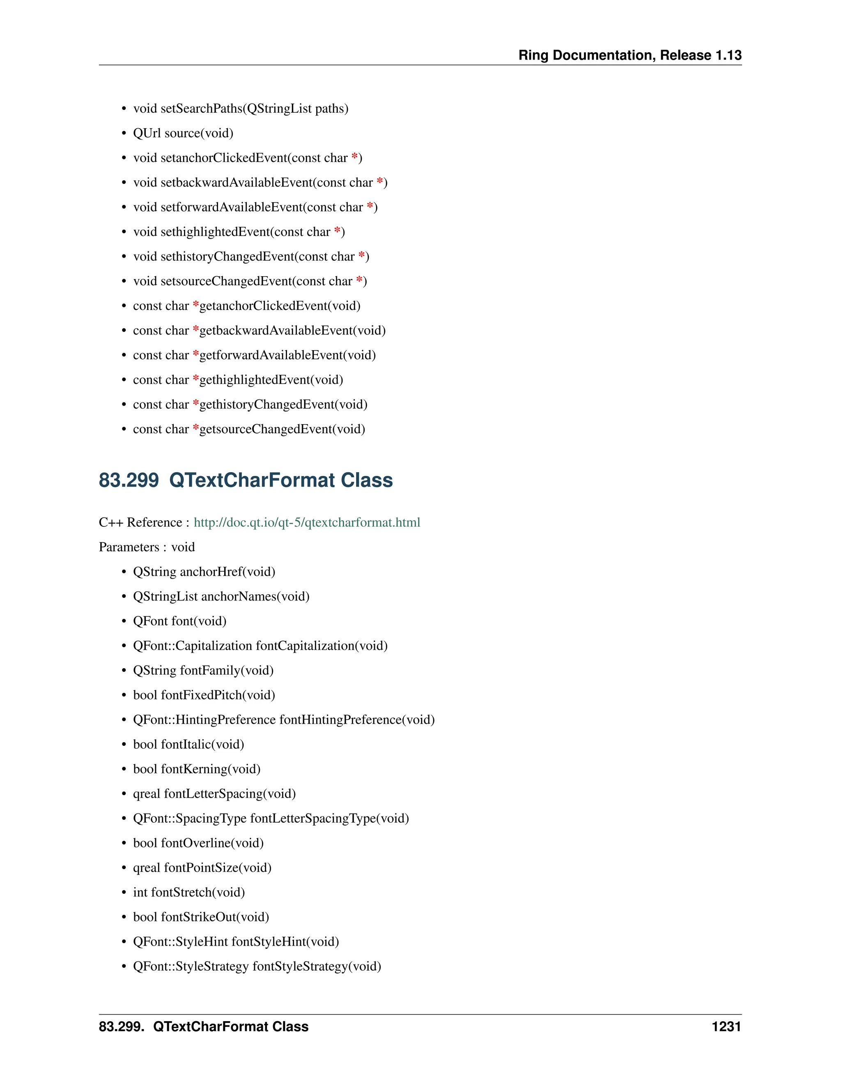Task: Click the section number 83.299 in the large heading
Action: coord(129,480)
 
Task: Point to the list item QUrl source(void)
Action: coord(183,133)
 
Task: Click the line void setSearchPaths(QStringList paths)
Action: coord(241,109)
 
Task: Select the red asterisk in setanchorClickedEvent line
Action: coord(354,157)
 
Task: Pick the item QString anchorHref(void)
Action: coord(204,572)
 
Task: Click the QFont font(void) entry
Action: coord(179,621)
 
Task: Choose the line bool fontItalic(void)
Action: coord(188,745)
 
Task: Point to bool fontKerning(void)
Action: coord(197,769)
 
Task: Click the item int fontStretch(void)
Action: coord(189,892)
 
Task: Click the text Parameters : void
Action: coord(147,547)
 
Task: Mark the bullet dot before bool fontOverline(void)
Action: coord(124,844)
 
